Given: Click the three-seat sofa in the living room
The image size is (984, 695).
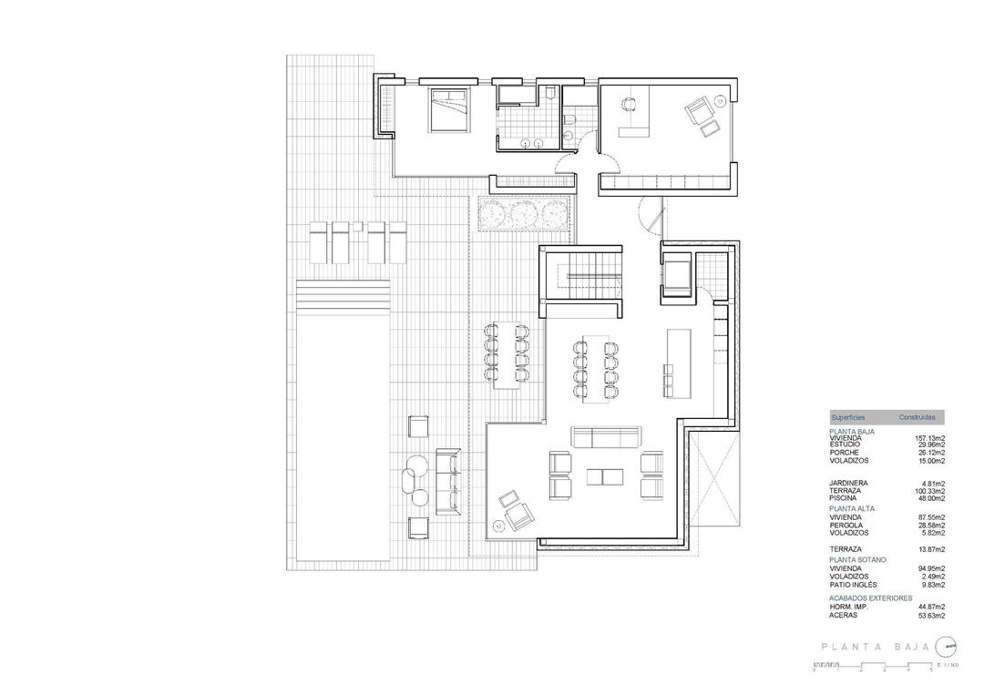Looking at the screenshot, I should pyautogui.click(x=604, y=437).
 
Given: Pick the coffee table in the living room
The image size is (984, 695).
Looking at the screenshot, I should pyautogui.click(x=605, y=476).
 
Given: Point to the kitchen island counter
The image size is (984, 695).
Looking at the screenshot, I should pyautogui.click(x=680, y=362).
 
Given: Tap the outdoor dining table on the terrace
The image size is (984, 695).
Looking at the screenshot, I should pyautogui.click(x=506, y=354).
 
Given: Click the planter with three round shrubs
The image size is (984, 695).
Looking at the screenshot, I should pyautogui.click(x=524, y=214).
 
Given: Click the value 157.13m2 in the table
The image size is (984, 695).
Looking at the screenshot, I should pyautogui.click(x=929, y=437).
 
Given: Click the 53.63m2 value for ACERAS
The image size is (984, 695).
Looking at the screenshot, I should pyautogui.click(x=930, y=615).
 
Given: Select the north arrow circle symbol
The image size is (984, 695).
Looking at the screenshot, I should pyautogui.click(x=948, y=647).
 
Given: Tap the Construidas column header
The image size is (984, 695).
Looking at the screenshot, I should pyautogui.click(x=917, y=417).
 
